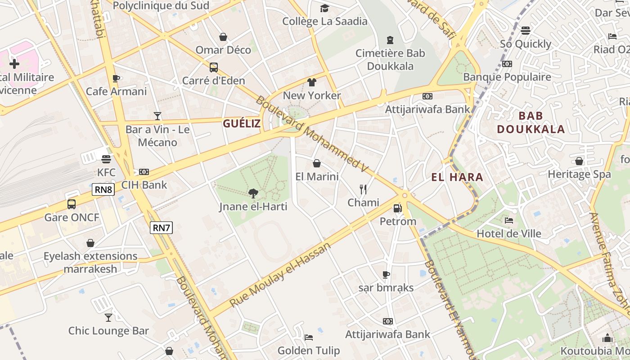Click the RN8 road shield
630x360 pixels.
coord(103,189)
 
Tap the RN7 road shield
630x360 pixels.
coord(161,228)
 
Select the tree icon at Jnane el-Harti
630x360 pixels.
coord(253,193)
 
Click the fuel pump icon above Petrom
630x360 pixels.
coord(397,208)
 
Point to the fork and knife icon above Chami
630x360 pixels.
coord(363,189)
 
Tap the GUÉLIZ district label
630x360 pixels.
coord(242,124)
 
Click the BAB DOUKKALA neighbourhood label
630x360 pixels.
coord(531,122)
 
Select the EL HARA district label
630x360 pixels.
coord(457,177)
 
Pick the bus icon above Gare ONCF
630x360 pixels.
coord(72,204)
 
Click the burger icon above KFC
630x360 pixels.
coord(106,159)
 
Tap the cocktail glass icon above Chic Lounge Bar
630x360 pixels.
coord(108,317)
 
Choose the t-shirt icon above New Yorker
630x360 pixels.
coord(312,82)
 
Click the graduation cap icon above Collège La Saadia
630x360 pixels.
coord(324,8)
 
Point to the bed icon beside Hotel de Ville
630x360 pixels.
coord(509,220)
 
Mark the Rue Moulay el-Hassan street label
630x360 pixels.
coord(280,274)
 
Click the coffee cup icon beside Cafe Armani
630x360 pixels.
coord(116,78)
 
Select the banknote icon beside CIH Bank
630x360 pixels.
coord(144,171)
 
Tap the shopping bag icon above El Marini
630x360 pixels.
coord(317,163)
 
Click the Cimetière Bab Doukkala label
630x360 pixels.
coord(390,59)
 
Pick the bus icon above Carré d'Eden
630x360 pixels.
coord(214,67)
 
